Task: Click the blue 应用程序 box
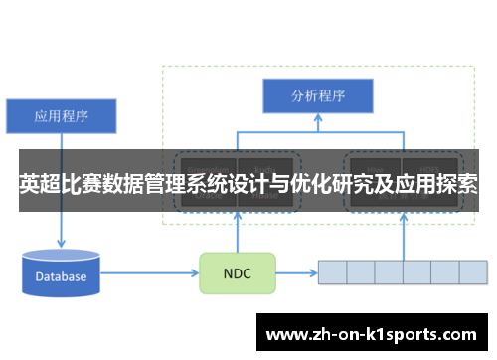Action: click(x=62, y=115)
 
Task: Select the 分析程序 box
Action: click(x=317, y=96)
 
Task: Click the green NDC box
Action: click(x=237, y=272)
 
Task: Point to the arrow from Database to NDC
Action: click(x=149, y=271)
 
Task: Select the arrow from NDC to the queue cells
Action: click(x=295, y=271)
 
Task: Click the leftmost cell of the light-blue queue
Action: click(x=332, y=271)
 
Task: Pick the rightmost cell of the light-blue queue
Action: click(x=473, y=271)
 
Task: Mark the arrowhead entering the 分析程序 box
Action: click(x=317, y=119)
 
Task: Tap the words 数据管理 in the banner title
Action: click(x=132, y=184)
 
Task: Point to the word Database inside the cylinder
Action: click(x=62, y=276)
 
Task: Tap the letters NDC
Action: click(x=237, y=272)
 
